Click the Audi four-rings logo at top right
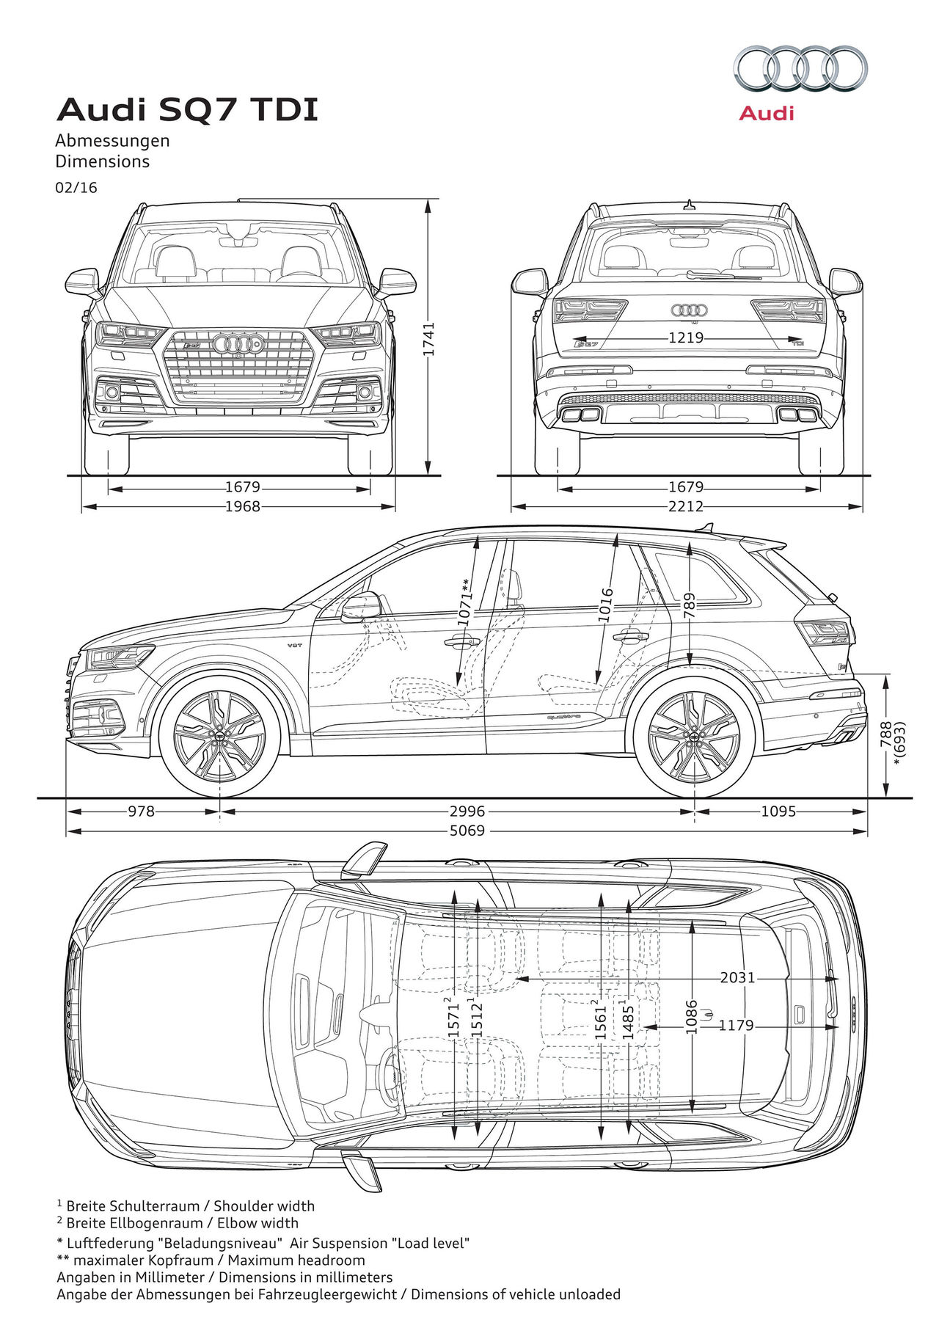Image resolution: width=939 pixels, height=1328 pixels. pyautogui.click(x=800, y=69)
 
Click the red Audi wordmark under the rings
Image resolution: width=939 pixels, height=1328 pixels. pyautogui.click(x=767, y=113)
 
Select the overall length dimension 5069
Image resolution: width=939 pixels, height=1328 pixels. pyautogui.click(x=467, y=831)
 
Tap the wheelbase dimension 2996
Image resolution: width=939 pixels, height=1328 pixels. pyautogui.click(x=467, y=811)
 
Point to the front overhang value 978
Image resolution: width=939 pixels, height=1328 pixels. pyautogui.click(x=142, y=811)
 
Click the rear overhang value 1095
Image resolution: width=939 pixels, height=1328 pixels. pyautogui.click(x=778, y=811)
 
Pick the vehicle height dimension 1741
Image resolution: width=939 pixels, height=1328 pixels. pyautogui.click(x=429, y=338)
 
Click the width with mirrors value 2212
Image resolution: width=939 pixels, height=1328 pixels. pyautogui.click(x=686, y=506)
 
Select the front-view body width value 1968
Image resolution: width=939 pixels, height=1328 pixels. pyautogui.click(x=243, y=506)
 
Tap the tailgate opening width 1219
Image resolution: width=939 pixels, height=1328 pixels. pyautogui.click(x=686, y=338)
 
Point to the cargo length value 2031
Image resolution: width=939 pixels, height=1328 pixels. pyautogui.click(x=737, y=978)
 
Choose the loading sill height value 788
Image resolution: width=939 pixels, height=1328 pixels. pyautogui.click(x=886, y=734)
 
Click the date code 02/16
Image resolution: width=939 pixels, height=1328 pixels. pyautogui.click(x=76, y=188)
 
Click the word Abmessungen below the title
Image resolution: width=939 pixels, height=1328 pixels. pyautogui.click(x=113, y=141)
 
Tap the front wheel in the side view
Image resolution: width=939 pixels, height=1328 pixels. pyautogui.click(x=219, y=736)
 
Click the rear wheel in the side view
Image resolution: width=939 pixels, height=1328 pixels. pyautogui.click(x=694, y=736)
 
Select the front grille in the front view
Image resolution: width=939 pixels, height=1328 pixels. pyautogui.click(x=238, y=367)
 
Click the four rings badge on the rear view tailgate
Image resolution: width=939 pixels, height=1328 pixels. pyautogui.click(x=689, y=310)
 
